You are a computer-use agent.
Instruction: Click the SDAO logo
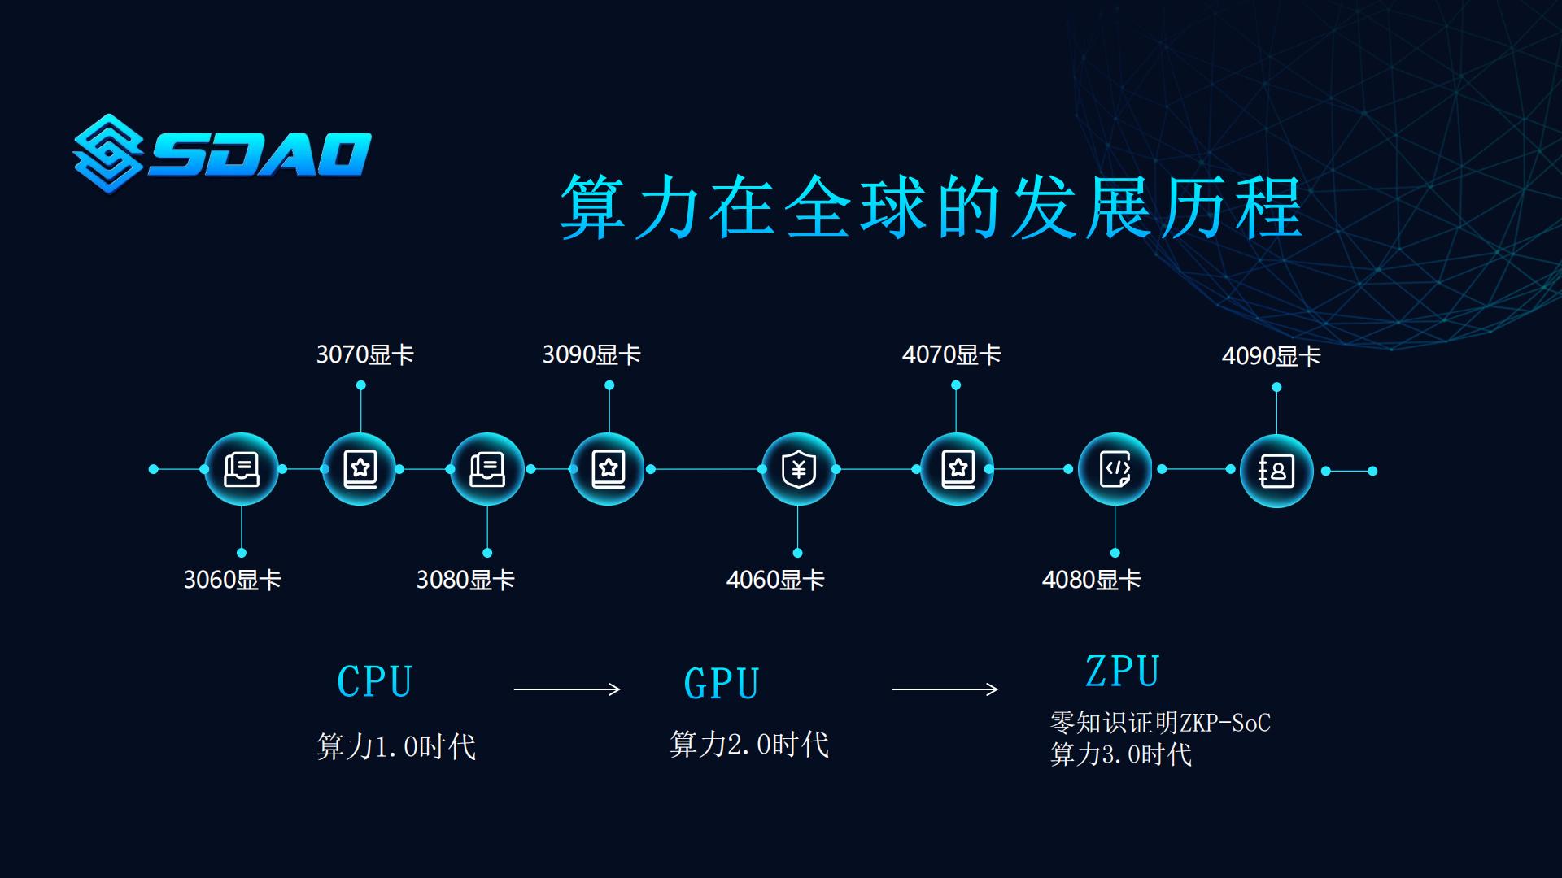pos(222,154)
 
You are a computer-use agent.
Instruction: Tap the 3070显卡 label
pos(365,355)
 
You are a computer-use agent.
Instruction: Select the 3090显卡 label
pos(591,355)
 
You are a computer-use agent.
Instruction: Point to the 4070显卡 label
pos(951,355)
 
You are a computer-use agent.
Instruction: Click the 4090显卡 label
pos(1271,357)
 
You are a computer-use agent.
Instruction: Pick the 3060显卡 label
pos(233,580)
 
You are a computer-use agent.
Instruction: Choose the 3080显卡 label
pos(465,580)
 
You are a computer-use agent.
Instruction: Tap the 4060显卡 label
pos(775,580)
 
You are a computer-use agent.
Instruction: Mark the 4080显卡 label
pos(1091,580)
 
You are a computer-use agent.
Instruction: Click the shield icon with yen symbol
pos(798,470)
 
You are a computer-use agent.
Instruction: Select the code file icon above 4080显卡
pos(1115,470)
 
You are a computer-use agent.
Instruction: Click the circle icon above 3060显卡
pos(241,470)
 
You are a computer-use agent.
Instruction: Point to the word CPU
pos(375,682)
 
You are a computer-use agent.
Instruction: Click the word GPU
pos(722,684)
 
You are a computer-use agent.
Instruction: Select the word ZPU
pos(1123,672)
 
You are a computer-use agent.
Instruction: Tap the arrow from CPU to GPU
pos(567,689)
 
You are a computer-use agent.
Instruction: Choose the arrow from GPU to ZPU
pos(945,689)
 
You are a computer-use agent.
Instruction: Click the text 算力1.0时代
pos(396,746)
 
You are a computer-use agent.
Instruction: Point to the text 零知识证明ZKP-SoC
pos(1160,723)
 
